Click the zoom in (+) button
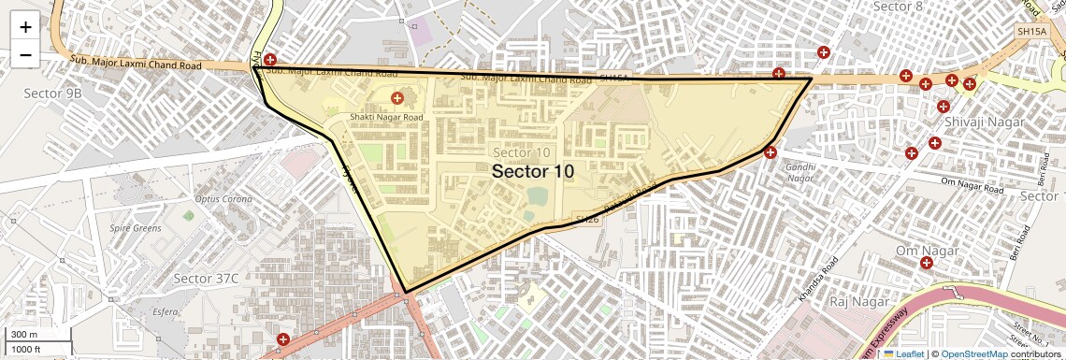(25, 27)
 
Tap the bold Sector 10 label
(532, 172)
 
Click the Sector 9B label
(52, 94)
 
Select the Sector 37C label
(207, 279)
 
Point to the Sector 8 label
(897, 7)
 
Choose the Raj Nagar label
(857, 302)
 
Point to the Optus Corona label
(223, 199)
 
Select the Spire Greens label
(136, 228)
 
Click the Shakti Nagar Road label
(386, 117)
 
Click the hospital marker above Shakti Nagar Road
(396, 98)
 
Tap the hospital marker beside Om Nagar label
(926, 264)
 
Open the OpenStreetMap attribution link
(973, 354)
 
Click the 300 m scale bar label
(24, 335)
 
